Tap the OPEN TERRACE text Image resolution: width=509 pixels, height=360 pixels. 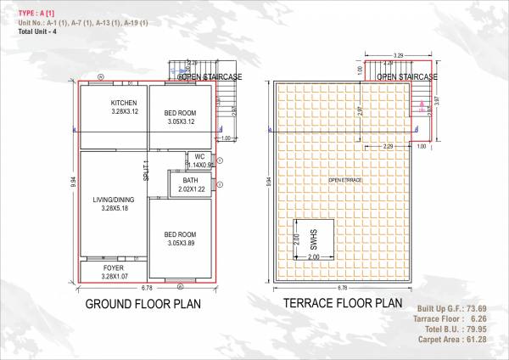click(346, 180)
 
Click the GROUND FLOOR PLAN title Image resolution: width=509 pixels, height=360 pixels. click(143, 303)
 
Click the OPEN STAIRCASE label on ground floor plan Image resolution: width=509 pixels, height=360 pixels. click(210, 77)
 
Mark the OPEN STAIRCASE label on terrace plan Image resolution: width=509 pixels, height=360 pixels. click(406, 77)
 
